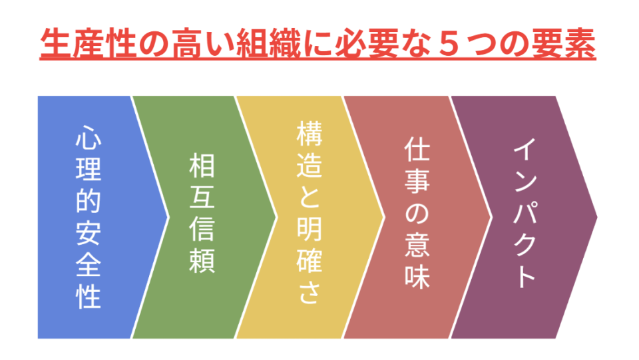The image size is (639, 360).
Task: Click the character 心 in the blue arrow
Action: click(x=89, y=137)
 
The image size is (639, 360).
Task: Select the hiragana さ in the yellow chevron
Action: click(x=309, y=293)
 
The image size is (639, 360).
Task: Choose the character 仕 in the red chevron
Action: click(x=417, y=154)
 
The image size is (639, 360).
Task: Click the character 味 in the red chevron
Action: click(x=417, y=277)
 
